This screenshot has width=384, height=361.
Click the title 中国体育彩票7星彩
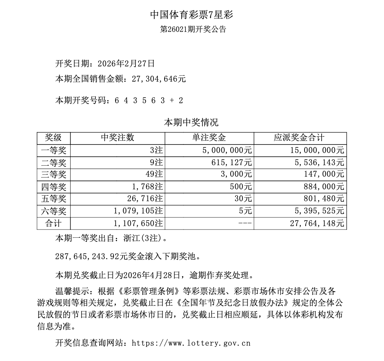click(x=192, y=15)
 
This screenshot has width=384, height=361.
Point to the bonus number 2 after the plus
click(x=180, y=100)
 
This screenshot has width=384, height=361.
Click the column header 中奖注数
click(x=117, y=138)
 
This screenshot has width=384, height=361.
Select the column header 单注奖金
click(x=209, y=138)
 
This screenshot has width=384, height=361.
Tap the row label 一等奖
click(x=53, y=150)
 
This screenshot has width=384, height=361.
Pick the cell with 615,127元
click(x=234, y=162)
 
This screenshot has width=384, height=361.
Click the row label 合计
click(x=53, y=224)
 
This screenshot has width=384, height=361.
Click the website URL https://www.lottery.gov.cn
click(x=191, y=343)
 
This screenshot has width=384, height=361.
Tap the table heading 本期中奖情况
click(x=191, y=123)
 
